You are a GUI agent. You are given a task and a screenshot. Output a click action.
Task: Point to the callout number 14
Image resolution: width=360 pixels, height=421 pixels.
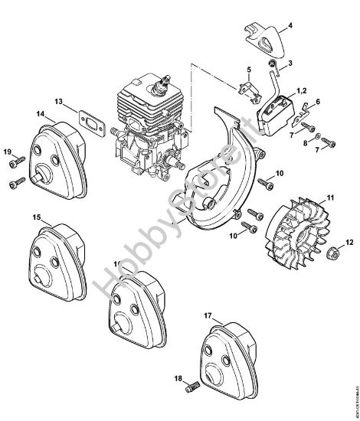[39, 115]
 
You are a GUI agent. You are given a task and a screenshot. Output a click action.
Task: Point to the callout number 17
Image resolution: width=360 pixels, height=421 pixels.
[208, 315]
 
